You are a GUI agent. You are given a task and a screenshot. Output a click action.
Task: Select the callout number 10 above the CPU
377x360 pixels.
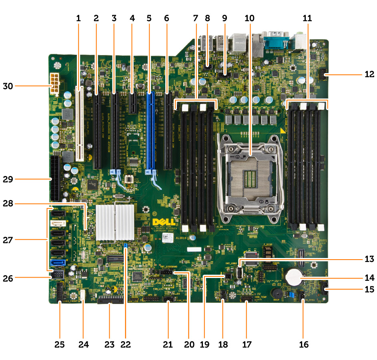click(x=249, y=18)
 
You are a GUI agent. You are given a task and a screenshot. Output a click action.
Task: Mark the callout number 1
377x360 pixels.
click(x=78, y=18)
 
